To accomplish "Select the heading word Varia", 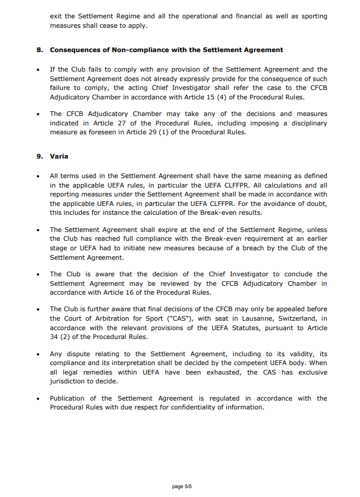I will pos(60,156).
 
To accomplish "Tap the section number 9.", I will pos(40,156).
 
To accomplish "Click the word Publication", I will pos(70,398).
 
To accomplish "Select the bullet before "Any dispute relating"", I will pos(38,354).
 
